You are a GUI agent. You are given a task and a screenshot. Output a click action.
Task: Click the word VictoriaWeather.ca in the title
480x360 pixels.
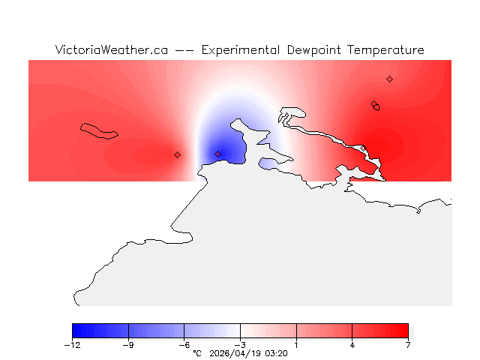[111, 50]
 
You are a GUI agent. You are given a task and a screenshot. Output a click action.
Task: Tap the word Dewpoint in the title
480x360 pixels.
[315, 50]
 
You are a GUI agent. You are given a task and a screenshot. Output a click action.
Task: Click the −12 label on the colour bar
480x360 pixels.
[72, 345]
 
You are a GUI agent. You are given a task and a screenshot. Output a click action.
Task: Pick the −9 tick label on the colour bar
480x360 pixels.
[128, 345]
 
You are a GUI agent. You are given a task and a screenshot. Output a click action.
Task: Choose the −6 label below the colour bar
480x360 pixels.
[184, 345]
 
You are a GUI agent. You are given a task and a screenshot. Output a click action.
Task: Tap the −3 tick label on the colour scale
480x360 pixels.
[240, 345]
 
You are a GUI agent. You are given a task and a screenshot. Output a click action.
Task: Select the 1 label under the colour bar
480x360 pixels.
[296, 345]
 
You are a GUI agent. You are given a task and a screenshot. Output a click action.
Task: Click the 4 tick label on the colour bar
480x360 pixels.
[352, 345]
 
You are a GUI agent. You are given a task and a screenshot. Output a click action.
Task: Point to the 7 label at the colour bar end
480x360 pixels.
[408, 345]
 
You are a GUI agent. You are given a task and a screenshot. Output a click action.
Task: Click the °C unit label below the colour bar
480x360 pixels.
[197, 353]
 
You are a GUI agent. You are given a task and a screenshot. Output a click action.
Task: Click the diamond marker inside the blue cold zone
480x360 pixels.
[218, 154]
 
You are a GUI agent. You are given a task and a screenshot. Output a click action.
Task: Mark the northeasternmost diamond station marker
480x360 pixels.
[389, 79]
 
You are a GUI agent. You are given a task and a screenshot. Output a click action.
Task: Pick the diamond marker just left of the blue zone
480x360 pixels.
[177, 154]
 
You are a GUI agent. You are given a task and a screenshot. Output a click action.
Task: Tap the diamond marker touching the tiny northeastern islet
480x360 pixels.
[373, 104]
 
